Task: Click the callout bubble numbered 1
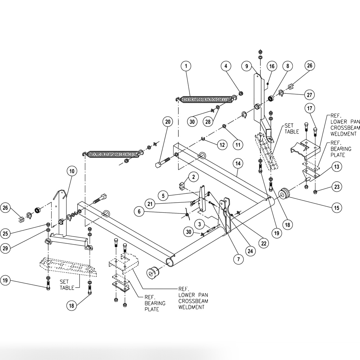(x=186, y=66)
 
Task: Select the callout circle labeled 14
(x=238, y=163)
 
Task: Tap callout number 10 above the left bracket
(x=72, y=171)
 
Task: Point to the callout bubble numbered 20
(x=168, y=121)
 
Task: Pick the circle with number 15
(x=336, y=208)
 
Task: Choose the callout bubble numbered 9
(x=247, y=66)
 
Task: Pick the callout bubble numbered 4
(x=226, y=66)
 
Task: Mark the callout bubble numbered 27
(x=309, y=95)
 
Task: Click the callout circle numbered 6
(x=139, y=211)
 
